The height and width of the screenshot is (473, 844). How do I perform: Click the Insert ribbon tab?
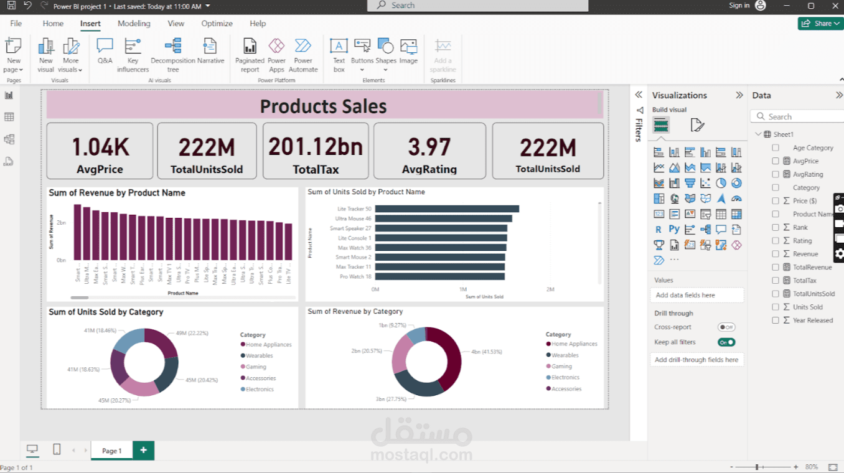tap(90, 24)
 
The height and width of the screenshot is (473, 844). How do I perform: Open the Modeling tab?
tap(134, 24)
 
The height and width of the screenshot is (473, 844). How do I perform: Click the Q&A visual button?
tap(105, 52)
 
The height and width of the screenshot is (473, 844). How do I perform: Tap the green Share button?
tap(820, 24)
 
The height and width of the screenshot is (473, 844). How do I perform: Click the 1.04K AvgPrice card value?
tap(100, 147)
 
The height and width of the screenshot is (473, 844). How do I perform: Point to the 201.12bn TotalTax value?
tap(316, 147)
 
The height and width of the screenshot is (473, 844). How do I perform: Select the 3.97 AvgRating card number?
tap(429, 148)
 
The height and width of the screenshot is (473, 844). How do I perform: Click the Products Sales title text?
tap(323, 106)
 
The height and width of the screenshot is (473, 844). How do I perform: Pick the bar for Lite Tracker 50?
tap(447, 209)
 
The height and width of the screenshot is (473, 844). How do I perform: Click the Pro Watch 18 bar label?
tap(355, 276)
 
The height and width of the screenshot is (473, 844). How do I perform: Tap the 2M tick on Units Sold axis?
tap(550, 289)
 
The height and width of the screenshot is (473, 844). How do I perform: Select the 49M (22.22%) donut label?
tap(192, 333)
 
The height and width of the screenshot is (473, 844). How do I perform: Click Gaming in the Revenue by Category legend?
tap(561, 367)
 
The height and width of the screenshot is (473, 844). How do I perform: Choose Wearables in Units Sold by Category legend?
tap(259, 356)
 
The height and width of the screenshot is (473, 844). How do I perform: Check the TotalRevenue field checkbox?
tap(776, 267)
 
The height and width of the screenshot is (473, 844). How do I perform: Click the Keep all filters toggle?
tap(726, 342)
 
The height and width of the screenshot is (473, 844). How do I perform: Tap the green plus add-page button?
tap(144, 450)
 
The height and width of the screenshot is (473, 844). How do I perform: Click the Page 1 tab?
tap(112, 451)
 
